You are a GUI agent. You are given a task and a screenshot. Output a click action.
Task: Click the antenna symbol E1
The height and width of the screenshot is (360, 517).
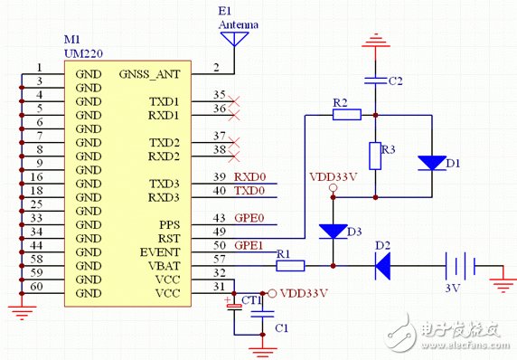click(234, 38)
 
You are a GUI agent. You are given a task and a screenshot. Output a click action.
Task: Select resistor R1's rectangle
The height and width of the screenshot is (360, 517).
click(290, 266)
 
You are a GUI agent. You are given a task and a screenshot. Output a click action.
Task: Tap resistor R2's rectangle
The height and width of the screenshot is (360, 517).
click(347, 115)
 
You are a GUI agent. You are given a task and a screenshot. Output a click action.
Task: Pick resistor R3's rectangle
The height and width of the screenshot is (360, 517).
click(375, 156)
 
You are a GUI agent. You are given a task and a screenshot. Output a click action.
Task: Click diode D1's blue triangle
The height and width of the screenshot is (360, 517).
click(432, 163)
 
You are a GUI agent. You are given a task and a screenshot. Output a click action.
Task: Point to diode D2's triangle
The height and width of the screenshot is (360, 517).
click(383, 266)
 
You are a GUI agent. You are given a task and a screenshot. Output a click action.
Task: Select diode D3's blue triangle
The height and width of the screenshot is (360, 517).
click(333, 232)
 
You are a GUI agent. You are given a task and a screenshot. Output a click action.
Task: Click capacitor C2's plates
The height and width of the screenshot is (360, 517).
click(375, 81)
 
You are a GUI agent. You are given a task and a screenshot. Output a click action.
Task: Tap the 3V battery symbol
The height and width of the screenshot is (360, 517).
click(460, 263)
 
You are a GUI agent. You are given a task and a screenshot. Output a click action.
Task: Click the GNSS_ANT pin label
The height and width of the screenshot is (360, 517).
click(150, 74)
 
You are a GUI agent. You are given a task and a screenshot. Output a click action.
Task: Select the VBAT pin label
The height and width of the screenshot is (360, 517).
click(164, 266)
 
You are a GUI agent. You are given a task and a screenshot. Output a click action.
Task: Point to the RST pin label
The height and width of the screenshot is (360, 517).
click(169, 239)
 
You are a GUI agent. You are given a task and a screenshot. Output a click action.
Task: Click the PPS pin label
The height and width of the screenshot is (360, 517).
click(170, 225)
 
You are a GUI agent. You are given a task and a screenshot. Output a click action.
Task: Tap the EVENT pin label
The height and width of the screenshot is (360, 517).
click(160, 252)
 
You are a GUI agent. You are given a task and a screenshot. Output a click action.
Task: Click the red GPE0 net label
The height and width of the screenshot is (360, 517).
click(249, 218)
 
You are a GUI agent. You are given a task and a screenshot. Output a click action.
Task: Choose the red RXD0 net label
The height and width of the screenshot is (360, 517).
click(250, 177)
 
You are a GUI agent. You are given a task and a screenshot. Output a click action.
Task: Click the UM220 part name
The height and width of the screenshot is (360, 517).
click(83, 53)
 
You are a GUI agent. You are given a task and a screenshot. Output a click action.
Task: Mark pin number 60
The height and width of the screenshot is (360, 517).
click(36, 287)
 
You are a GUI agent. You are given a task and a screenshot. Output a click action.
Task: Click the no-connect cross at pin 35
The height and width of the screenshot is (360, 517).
click(234, 101)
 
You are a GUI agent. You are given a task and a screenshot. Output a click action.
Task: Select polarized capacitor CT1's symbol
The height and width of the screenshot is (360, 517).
click(234, 307)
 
